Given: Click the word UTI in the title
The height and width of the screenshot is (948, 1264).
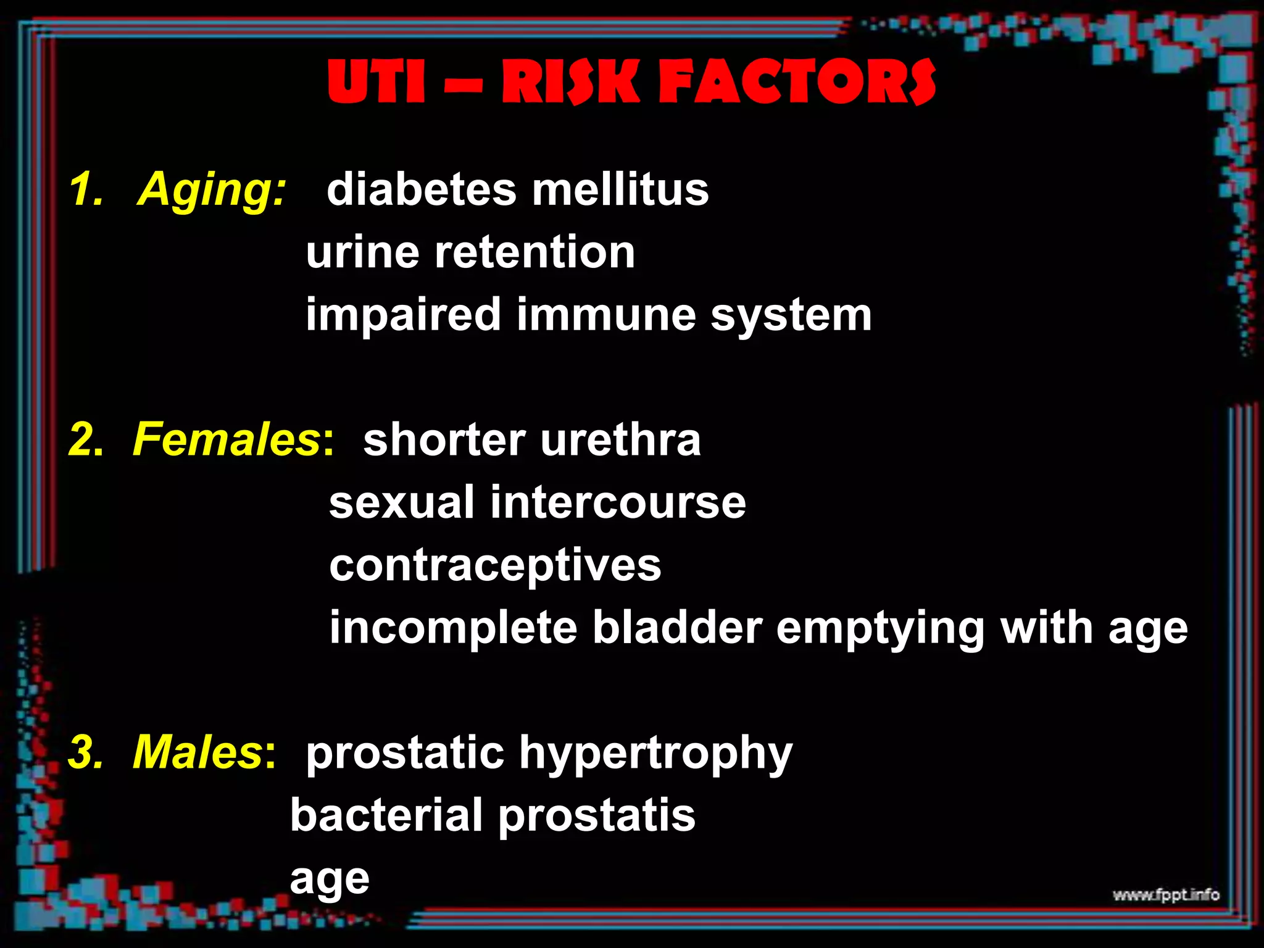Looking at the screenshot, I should (x=376, y=82).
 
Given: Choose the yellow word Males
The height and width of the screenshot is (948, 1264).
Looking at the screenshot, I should (x=198, y=752).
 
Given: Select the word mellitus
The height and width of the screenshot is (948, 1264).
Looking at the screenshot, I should (x=620, y=189).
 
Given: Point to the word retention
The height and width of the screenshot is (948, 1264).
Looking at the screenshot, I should (x=534, y=252).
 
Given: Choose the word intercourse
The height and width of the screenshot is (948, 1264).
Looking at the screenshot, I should (x=618, y=502).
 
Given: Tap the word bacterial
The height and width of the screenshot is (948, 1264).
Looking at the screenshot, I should (x=386, y=815).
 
